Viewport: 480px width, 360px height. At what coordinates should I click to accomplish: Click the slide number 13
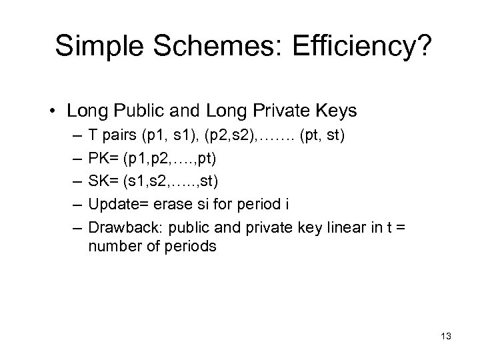[x=445, y=336]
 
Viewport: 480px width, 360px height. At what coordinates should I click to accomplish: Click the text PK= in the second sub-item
[x=102, y=160]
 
